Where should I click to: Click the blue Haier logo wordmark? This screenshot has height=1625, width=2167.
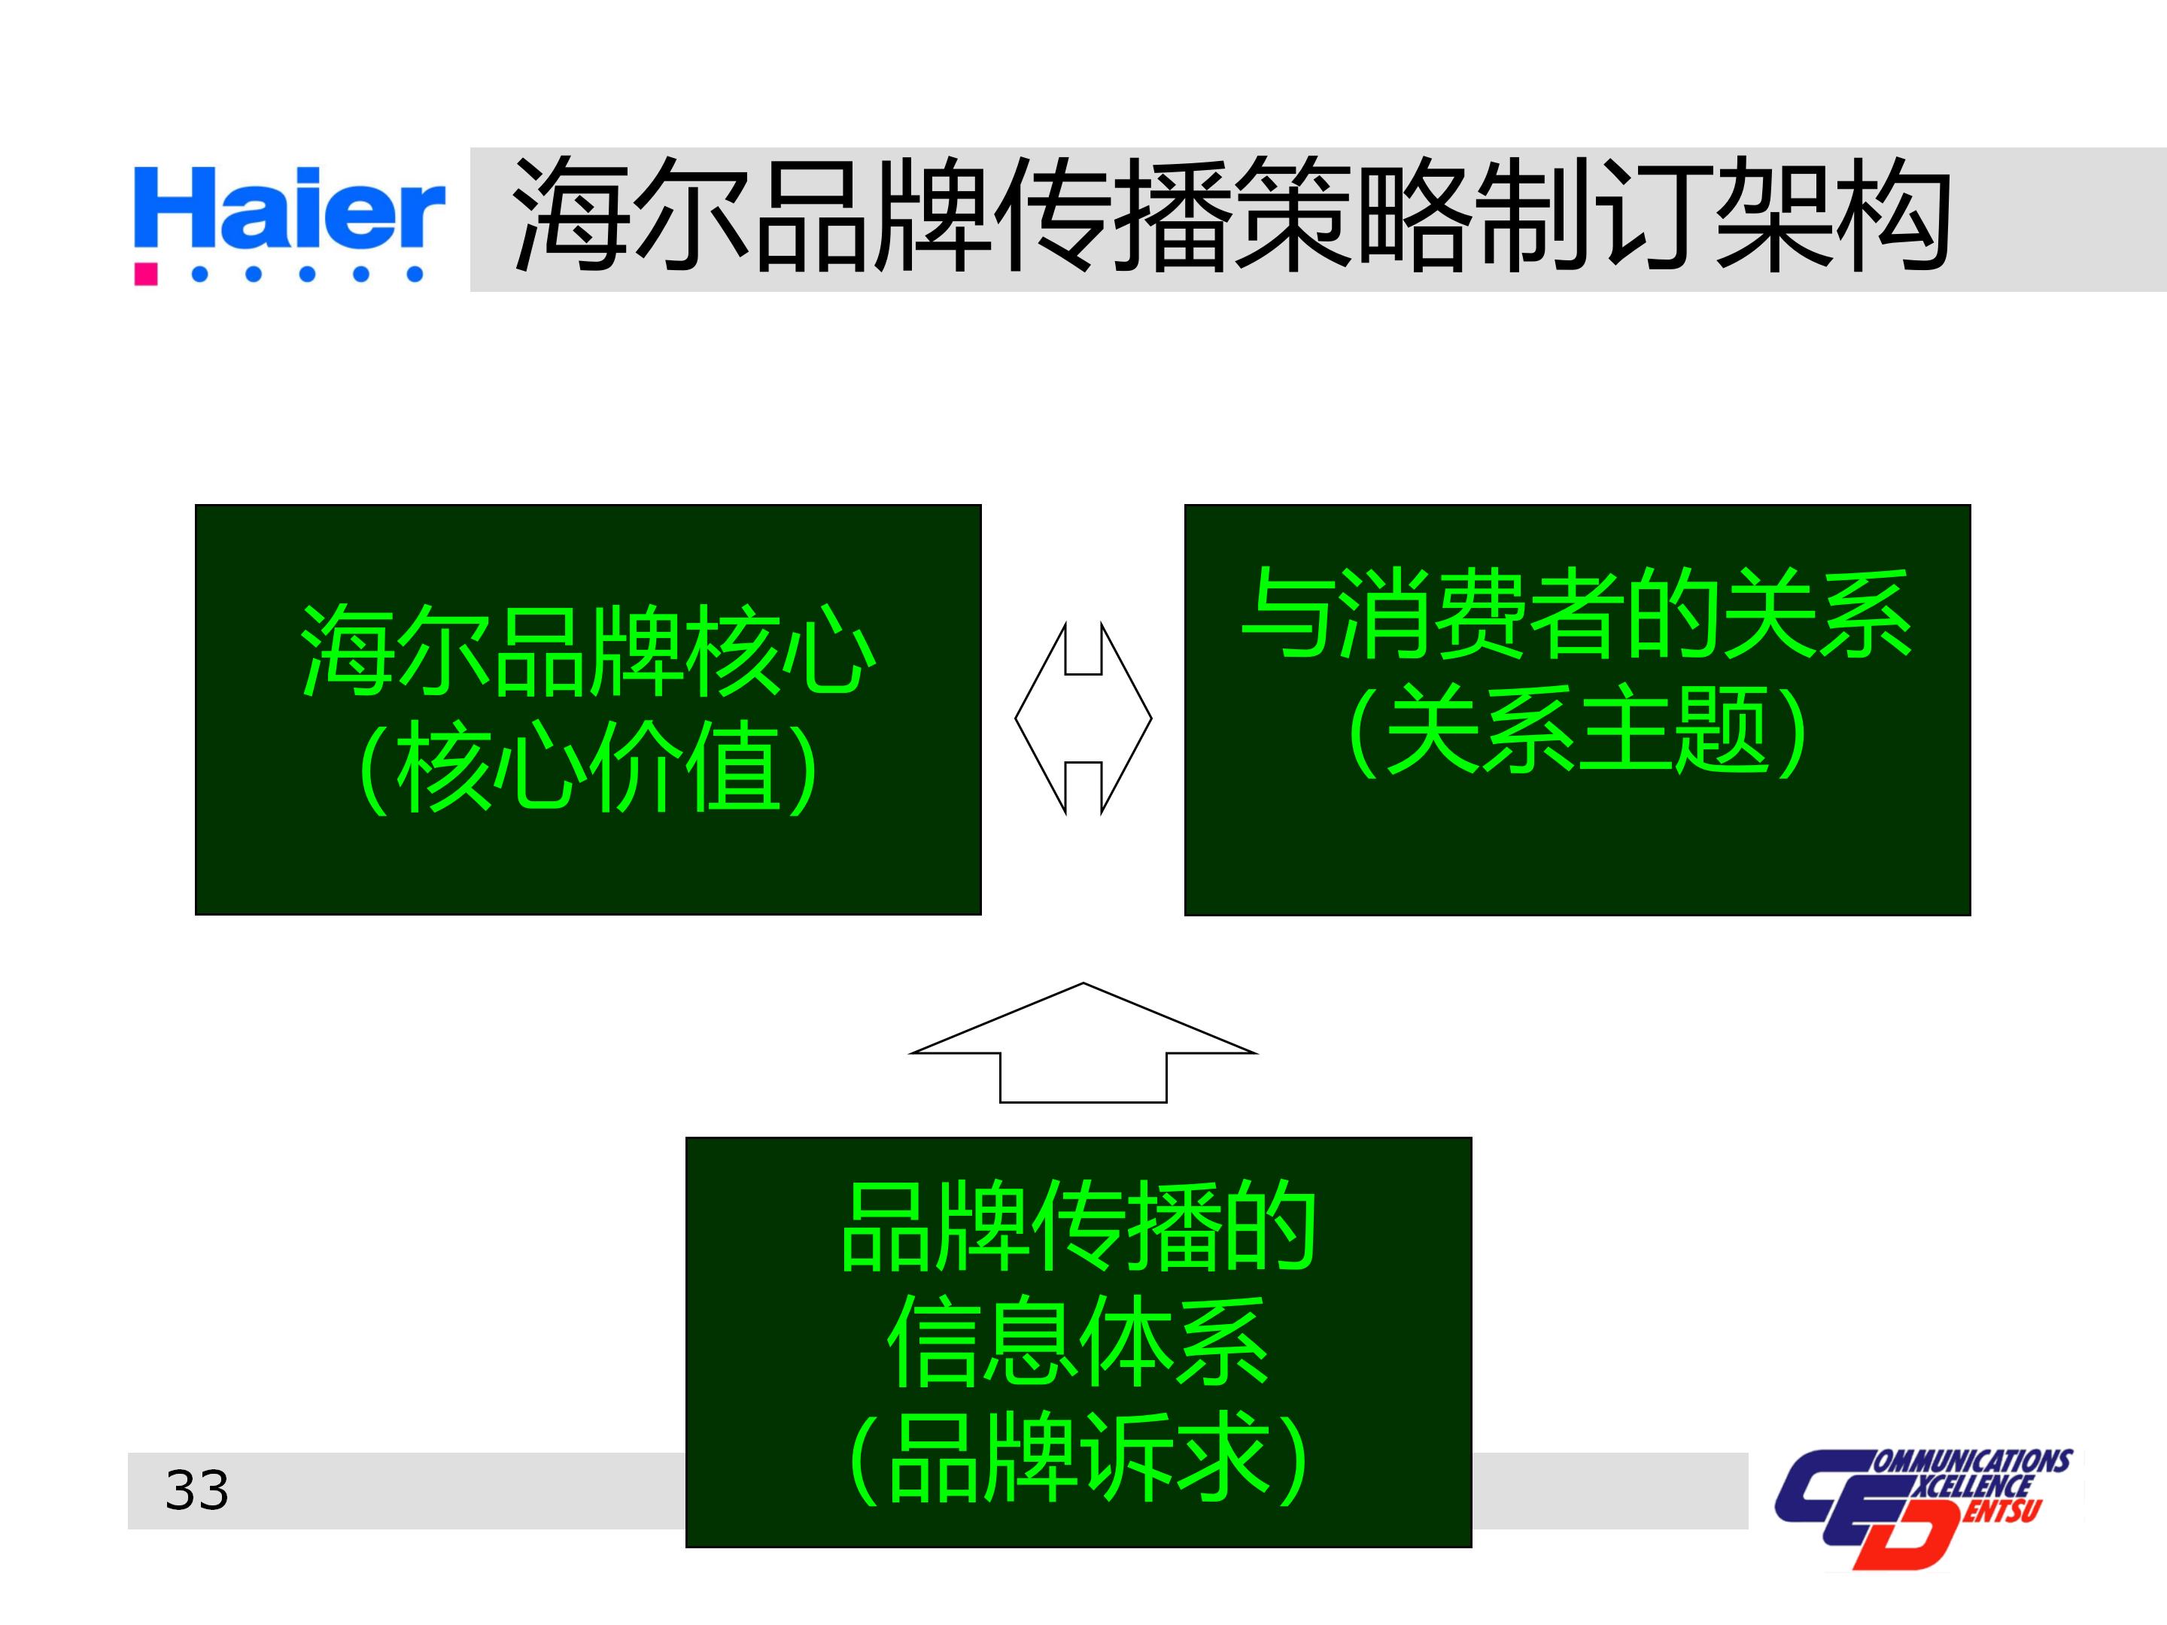[289, 208]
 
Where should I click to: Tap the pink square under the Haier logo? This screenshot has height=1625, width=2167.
[146, 273]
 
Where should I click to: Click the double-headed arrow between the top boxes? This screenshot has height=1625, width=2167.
[1083, 718]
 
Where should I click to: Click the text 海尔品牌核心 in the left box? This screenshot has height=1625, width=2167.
[588, 651]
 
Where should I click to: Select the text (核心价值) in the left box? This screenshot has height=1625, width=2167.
[588, 766]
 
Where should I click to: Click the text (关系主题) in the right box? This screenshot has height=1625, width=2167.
[1576, 730]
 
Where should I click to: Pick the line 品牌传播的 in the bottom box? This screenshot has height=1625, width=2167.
[1077, 1226]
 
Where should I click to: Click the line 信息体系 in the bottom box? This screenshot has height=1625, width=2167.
[1077, 1342]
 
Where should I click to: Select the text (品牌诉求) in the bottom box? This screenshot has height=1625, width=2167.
[1077, 1457]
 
